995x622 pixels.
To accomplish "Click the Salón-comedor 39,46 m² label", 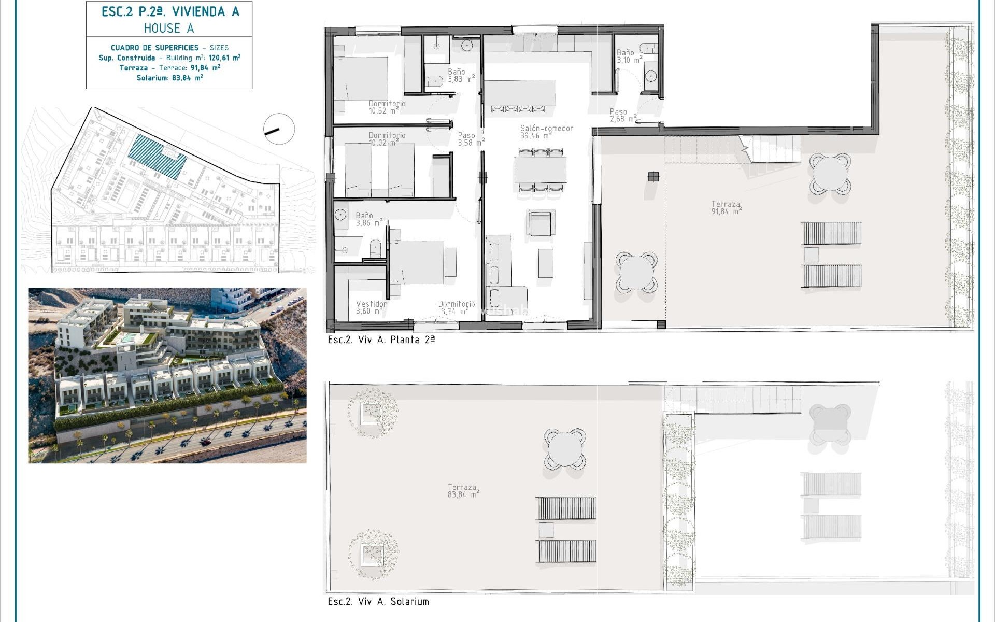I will [546, 132].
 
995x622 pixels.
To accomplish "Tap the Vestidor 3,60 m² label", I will [371, 307].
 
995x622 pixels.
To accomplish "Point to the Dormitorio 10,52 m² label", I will [387, 107].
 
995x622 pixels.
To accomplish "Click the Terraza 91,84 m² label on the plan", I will [726, 207].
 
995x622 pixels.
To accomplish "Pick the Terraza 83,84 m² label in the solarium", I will [463, 490].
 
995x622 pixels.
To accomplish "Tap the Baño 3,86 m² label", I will [368, 219].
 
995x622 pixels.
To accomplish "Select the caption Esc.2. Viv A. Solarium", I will [378, 601].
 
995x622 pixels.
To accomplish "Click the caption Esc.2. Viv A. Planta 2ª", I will [381, 340].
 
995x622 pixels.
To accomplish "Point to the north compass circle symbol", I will [279, 129].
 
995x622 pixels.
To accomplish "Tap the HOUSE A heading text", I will [169, 28].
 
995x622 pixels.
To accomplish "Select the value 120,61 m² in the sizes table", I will [224, 58].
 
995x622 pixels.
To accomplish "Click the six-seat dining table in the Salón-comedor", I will [540, 170].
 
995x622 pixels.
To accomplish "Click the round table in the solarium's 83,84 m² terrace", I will [565, 448].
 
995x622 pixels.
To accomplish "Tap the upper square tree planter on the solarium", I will [372, 413].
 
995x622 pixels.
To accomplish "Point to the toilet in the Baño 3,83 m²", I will [434, 80].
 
